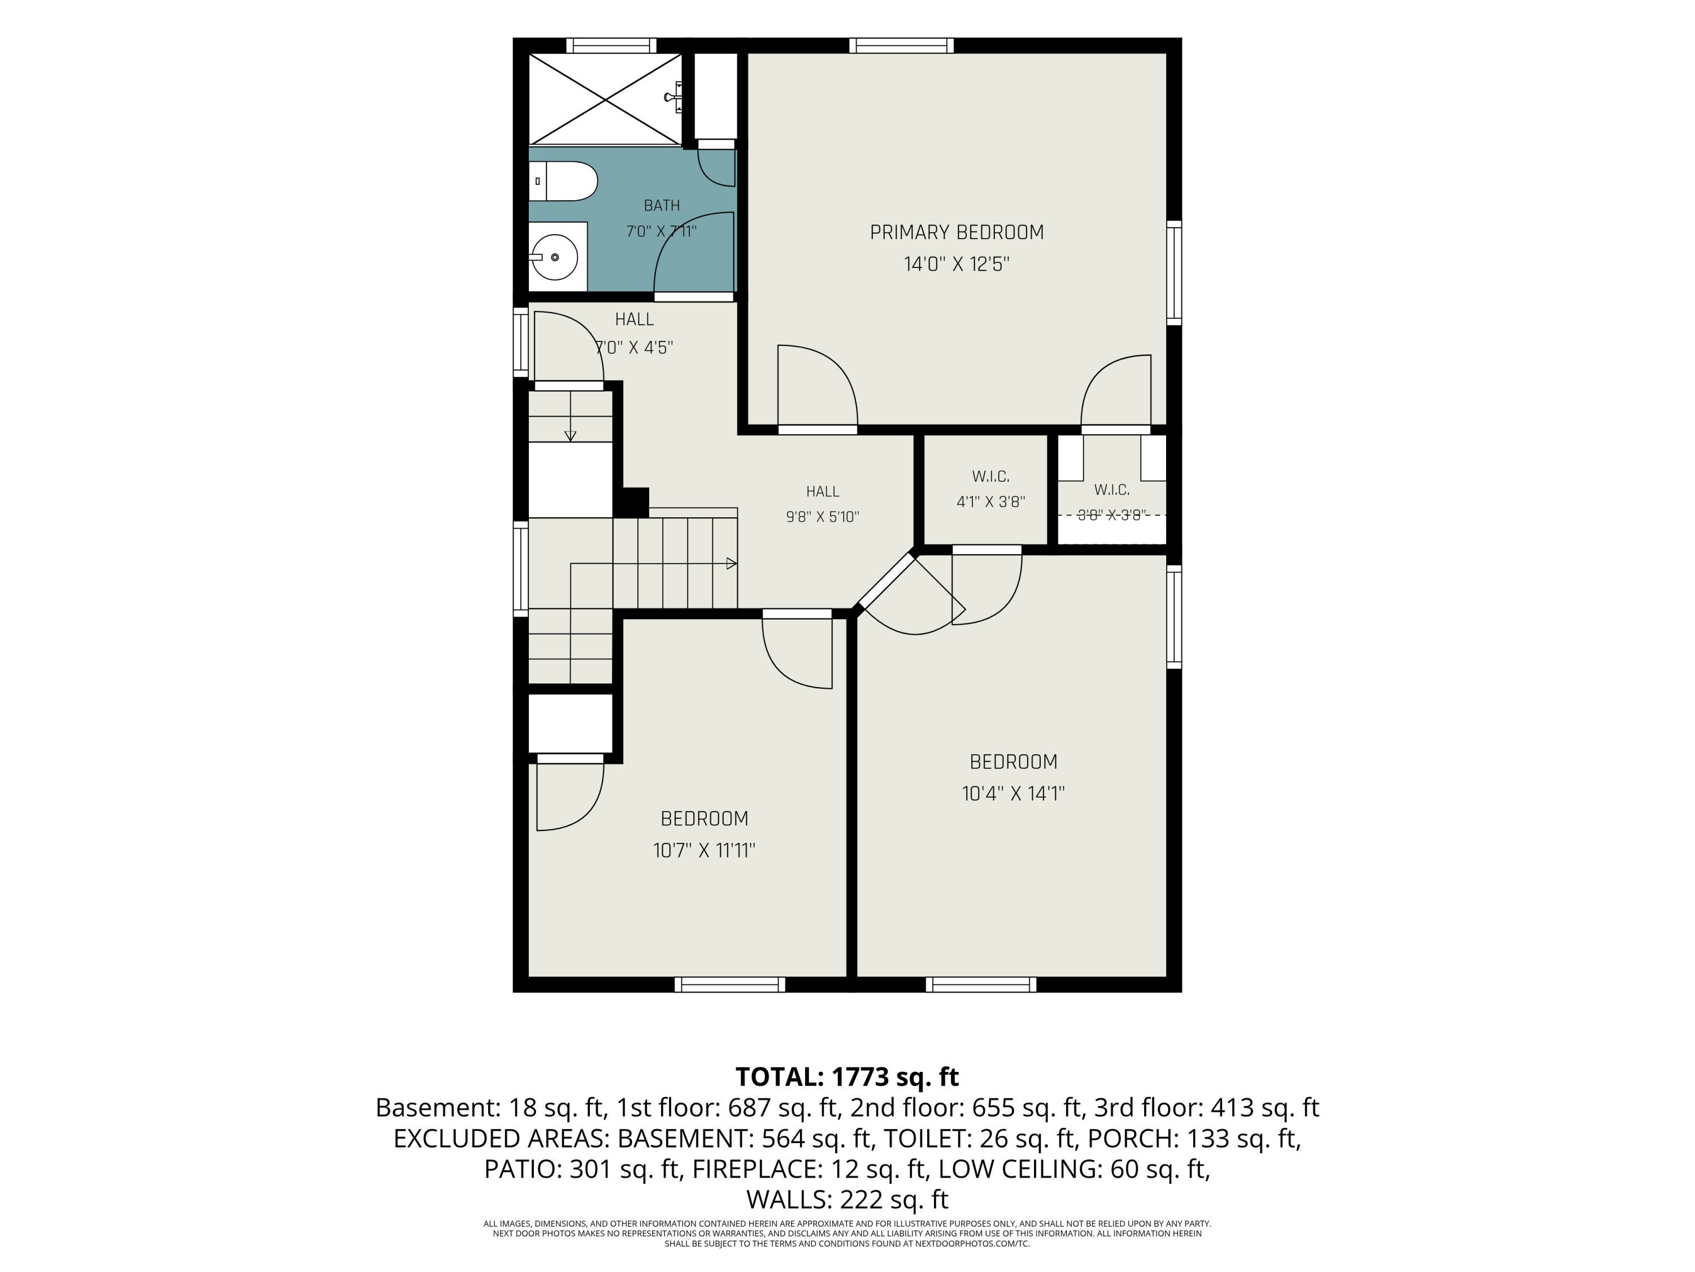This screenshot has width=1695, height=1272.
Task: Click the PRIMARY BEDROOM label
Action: click(x=957, y=232)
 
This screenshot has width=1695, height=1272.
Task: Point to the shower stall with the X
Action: click(x=605, y=98)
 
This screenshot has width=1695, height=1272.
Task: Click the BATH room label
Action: click(x=661, y=205)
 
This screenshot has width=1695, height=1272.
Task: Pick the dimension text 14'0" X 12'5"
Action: click(x=957, y=265)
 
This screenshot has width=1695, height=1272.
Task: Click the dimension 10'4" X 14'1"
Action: click(x=1013, y=794)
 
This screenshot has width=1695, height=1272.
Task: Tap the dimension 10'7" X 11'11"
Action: click(x=704, y=850)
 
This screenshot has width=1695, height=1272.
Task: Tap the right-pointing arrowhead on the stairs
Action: click(x=732, y=564)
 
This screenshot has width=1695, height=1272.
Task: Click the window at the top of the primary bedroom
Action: click(x=901, y=45)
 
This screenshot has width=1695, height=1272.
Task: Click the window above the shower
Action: click(x=611, y=45)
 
